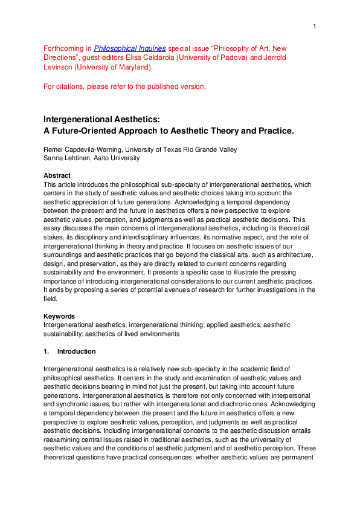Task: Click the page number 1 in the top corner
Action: [x=315, y=26]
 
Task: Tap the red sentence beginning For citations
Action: [x=125, y=86]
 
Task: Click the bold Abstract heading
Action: [x=57, y=175]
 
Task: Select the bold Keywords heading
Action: [x=59, y=316]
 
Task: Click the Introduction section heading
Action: [x=76, y=351]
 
